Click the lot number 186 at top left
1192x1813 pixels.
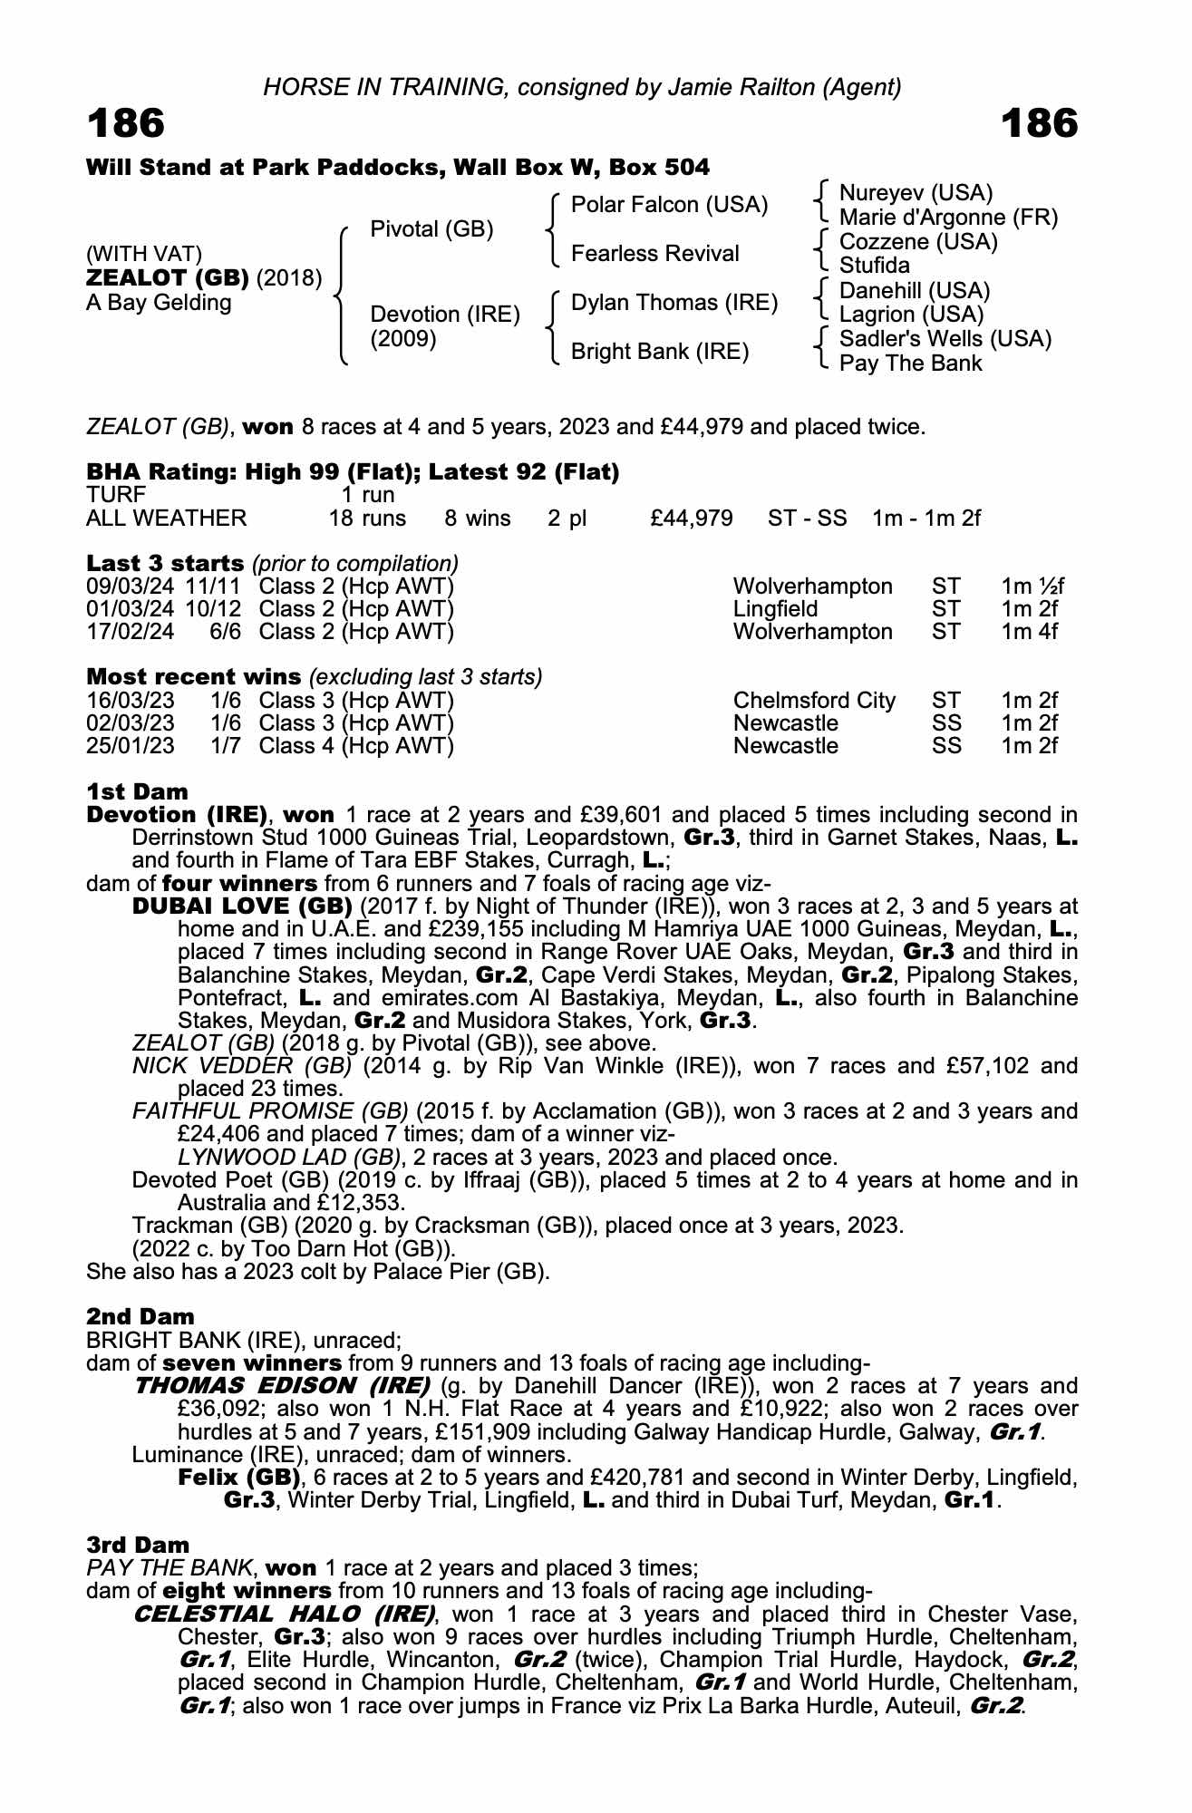point(126,123)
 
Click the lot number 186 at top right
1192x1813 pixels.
point(1040,123)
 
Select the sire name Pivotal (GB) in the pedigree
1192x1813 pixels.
point(431,229)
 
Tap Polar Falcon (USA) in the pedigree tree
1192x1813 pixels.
point(669,205)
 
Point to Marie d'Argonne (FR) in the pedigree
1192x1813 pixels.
point(948,218)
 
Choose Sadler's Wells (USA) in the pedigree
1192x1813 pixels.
point(945,339)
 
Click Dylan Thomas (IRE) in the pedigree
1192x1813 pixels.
point(674,303)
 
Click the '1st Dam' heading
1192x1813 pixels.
point(137,791)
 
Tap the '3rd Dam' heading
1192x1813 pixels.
point(139,1545)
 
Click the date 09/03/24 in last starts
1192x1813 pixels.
point(131,587)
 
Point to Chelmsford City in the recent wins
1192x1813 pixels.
point(814,701)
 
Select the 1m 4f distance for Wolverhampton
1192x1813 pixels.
point(1029,632)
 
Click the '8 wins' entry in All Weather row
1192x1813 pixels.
point(478,519)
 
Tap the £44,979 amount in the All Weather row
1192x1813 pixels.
point(692,519)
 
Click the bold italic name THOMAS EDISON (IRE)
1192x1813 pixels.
point(282,1385)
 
